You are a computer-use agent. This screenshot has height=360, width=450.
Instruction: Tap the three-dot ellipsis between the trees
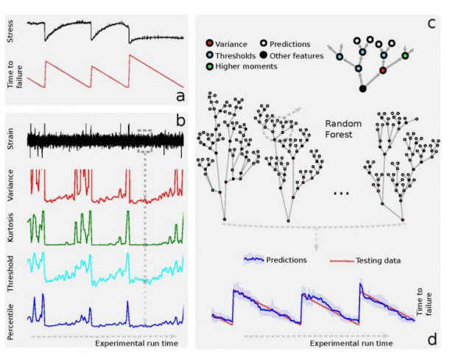point(341,193)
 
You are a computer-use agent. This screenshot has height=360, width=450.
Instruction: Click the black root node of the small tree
point(362,89)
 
